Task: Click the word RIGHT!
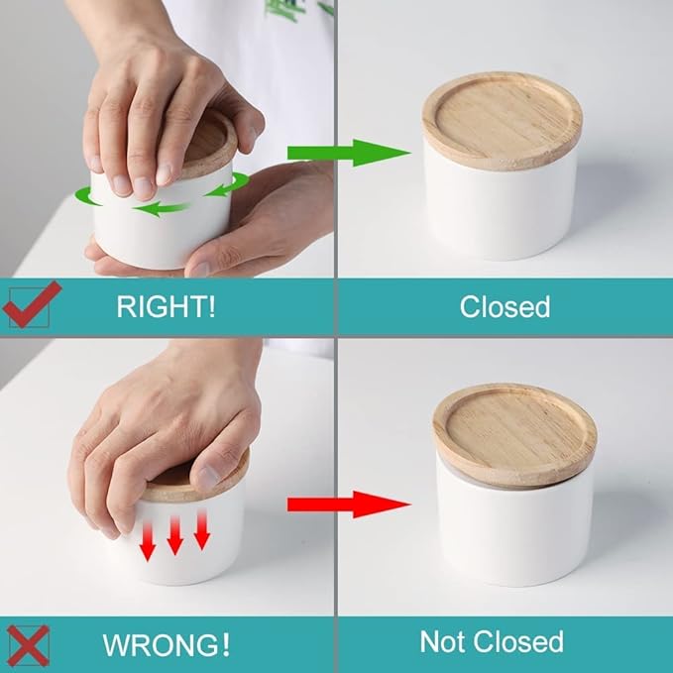coord(166,306)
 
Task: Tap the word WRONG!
coord(167,644)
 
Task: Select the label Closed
coord(505,306)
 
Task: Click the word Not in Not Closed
coord(444,641)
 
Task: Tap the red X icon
coord(29,645)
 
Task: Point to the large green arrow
coord(349,153)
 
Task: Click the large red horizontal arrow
coord(349,505)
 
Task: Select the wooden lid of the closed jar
coord(502,121)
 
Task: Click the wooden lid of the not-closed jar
coord(514,434)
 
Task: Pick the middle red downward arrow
coord(175,535)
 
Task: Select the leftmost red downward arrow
coord(148,541)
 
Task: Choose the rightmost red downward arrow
coord(202,529)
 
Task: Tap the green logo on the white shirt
coord(296,10)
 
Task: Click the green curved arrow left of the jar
coord(88,196)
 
